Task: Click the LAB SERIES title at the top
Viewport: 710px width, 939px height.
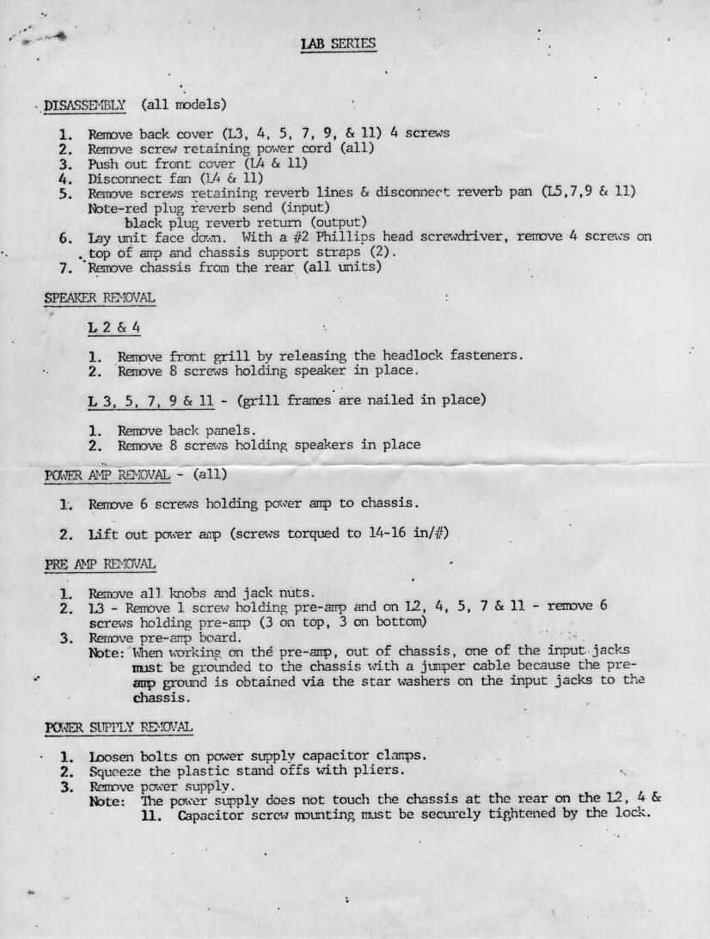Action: [x=339, y=43]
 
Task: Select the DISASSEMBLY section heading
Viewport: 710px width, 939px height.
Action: [x=85, y=106]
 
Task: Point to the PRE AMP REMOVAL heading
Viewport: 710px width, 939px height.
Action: [x=100, y=564]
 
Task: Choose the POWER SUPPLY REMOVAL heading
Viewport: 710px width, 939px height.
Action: [x=119, y=727]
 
